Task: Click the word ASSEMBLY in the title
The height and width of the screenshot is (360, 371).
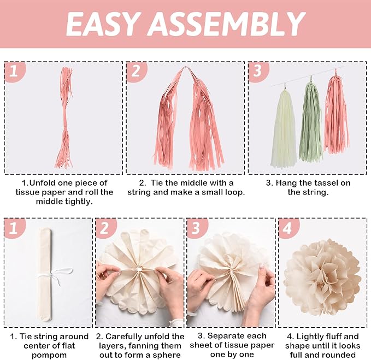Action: click(227, 23)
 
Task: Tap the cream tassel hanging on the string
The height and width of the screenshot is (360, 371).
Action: click(284, 128)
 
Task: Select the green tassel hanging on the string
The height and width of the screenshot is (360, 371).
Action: click(310, 122)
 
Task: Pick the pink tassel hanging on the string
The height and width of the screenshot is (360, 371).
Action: click(336, 115)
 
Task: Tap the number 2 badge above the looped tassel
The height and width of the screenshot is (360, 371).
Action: click(137, 71)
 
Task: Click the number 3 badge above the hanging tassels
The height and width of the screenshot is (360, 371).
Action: click(258, 71)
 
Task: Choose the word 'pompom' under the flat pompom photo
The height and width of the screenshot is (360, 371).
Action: click(49, 355)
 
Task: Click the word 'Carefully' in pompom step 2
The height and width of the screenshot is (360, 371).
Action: click(124, 337)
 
